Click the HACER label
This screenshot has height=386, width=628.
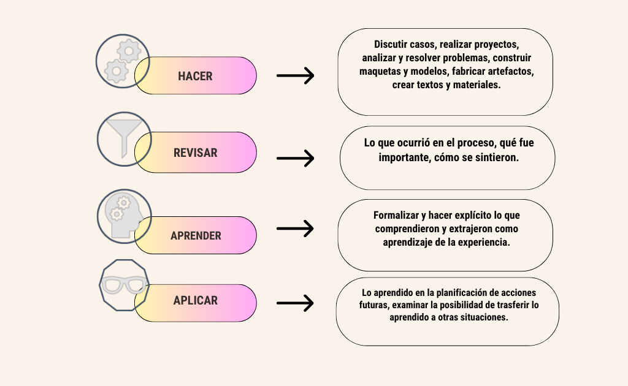pos(195,76)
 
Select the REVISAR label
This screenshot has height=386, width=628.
pos(196,153)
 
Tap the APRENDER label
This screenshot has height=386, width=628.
pos(196,236)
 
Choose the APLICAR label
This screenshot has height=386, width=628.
pos(196,300)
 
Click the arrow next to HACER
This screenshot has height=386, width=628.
pos(295,75)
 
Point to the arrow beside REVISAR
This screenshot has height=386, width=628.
pos(295,159)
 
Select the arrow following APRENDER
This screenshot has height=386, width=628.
pos(295,229)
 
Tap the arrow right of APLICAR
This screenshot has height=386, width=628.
pos(295,303)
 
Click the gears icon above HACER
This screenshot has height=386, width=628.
pos(123,61)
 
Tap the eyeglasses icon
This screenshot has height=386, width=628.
pos(124,285)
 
